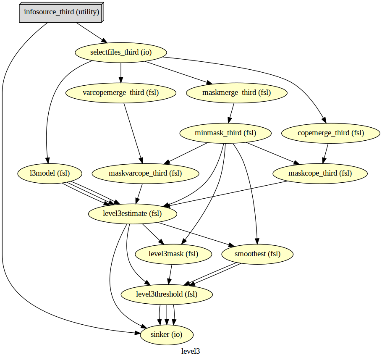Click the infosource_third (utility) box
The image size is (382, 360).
61,12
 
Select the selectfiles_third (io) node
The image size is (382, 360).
121,53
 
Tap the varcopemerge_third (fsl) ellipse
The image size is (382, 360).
121,93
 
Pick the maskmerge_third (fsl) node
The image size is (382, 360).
236,93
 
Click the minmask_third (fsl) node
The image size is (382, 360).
225,133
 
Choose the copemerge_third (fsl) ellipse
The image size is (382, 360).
331,133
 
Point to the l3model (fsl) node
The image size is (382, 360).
50,173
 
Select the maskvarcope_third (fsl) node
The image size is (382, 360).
145,173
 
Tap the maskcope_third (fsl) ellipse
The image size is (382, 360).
320,173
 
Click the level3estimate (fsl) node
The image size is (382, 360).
132,213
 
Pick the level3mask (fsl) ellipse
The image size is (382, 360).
173,254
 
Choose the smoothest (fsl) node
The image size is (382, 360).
257,254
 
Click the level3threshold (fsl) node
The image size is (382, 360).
167,294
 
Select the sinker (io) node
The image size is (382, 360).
167,335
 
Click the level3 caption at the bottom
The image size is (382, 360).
191,351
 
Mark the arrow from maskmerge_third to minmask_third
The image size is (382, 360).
231,113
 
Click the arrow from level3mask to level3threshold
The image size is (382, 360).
170,274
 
